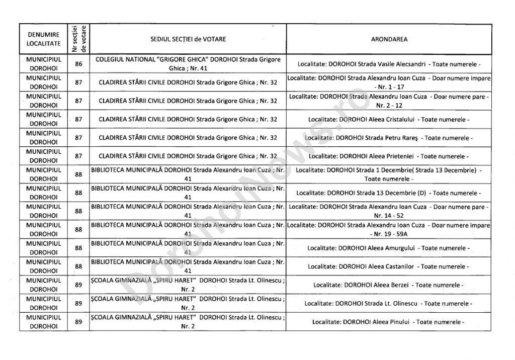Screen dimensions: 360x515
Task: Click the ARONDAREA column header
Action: (x=389, y=39)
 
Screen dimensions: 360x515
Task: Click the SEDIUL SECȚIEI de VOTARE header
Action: (x=188, y=39)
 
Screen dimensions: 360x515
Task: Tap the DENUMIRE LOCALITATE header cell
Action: (x=43, y=39)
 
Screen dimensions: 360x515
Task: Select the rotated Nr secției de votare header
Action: (x=78, y=39)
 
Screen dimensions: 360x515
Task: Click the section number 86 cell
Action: (x=78, y=64)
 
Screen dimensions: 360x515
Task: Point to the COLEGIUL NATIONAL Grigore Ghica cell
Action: (x=188, y=64)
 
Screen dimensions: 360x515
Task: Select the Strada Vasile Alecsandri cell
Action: (x=389, y=64)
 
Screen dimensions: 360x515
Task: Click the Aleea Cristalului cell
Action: (x=389, y=120)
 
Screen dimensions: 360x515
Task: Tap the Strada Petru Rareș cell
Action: (x=389, y=138)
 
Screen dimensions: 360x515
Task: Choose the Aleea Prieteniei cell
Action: (x=389, y=156)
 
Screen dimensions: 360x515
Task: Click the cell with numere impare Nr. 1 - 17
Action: (x=389, y=82)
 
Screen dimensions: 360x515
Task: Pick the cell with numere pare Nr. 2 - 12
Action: (x=389, y=101)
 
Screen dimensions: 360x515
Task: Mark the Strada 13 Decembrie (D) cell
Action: (x=389, y=193)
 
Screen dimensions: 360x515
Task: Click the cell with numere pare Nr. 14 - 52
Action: (x=389, y=211)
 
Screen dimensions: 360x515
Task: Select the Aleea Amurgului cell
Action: (x=389, y=248)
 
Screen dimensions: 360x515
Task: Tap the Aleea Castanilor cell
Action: (x=389, y=266)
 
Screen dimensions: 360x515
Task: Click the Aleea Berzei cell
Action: (x=389, y=285)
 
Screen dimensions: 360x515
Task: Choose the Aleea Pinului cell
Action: (x=389, y=322)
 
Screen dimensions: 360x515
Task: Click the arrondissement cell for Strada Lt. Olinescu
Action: (x=389, y=303)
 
